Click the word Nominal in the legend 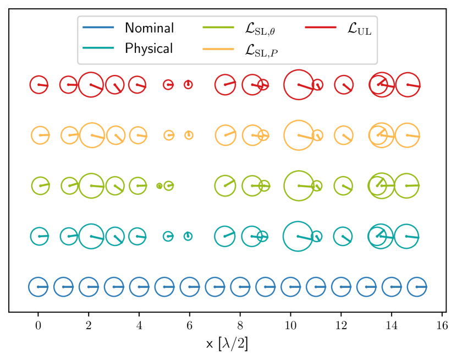149,28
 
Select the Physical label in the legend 148,48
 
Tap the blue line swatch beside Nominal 98,28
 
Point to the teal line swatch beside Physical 98,48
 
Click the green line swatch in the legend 219,28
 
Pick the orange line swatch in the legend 219,48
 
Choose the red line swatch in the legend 321,28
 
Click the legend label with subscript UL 360,29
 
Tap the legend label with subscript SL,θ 260,30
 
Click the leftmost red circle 39,85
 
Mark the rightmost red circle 408,85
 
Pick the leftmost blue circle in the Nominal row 38,287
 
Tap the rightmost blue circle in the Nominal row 417,287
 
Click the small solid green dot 159,186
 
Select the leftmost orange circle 41,135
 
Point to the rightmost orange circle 408,135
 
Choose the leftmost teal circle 40,236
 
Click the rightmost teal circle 407,236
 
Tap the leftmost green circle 41,186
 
